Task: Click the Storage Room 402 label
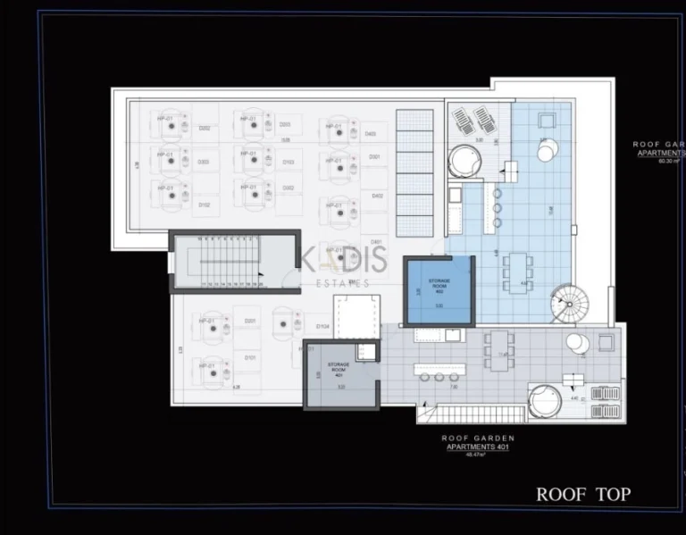coord(438,283)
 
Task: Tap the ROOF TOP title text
coord(582,494)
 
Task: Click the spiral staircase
coord(568,304)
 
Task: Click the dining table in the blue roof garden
coord(517,268)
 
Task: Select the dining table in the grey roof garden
coord(499,349)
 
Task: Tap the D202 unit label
coord(205,129)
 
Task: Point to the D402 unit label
coord(377,196)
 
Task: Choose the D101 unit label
coord(250,358)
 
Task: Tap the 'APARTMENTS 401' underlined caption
coord(477,447)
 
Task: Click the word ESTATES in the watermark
coord(344,284)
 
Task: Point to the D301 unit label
coord(375,157)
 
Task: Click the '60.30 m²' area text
coord(668,162)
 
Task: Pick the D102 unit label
coord(205,205)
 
